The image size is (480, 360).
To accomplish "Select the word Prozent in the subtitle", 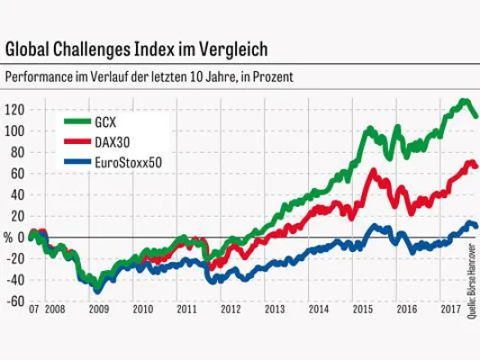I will click(x=271, y=77).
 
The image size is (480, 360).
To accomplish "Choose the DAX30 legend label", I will click(x=113, y=142).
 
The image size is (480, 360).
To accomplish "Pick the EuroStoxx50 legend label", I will click(x=128, y=163).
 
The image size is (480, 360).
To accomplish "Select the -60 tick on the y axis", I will click(x=14, y=301).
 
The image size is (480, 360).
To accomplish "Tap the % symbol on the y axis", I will click(x=8, y=238).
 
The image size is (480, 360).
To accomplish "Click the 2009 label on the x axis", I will click(x=98, y=310).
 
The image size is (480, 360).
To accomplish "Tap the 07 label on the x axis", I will click(x=32, y=310).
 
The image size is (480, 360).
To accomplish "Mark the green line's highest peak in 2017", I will click(x=464, y=101).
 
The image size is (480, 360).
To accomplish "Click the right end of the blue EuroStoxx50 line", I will click(x=475, y=227).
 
